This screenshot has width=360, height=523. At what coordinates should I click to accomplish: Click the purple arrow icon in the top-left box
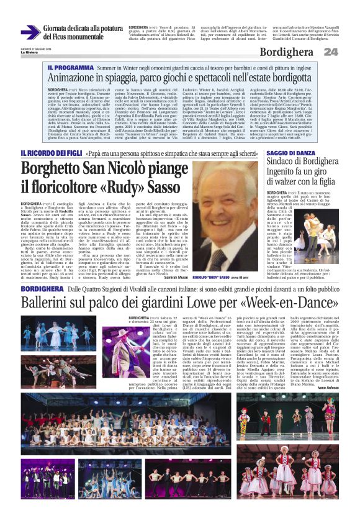tap(30, 31)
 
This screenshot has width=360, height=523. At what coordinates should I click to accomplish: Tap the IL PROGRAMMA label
tap(68, 66)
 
